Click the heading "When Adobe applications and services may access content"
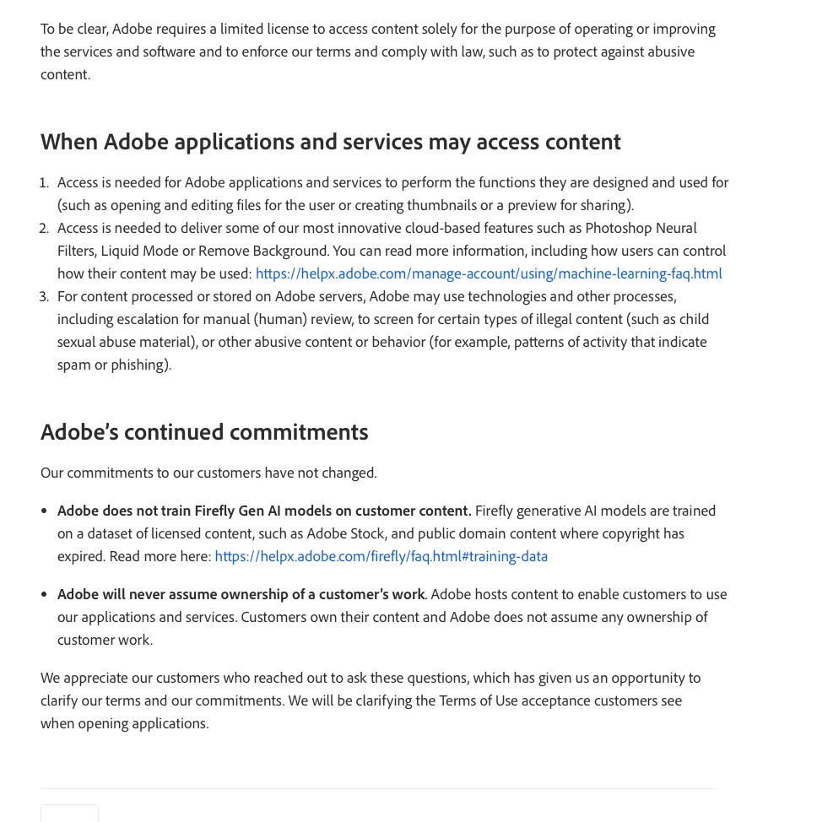330,142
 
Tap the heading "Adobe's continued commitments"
204,432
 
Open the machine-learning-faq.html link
489,273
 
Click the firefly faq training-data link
381,556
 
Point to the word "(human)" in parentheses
280,319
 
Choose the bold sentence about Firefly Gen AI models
264,511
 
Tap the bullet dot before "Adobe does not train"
44,511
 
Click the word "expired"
81,556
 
